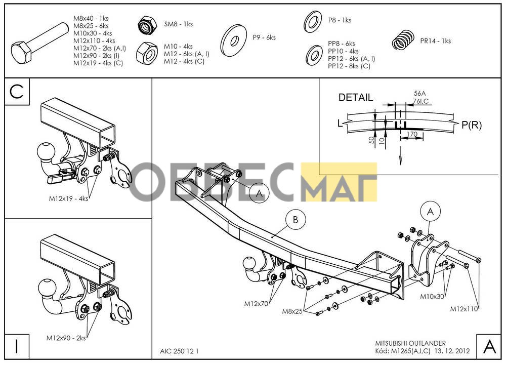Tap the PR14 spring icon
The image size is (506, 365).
[403, 40]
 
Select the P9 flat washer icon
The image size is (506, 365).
[233, 40]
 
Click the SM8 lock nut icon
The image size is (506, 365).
[147, 25]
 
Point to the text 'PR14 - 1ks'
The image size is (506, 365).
[435, 41]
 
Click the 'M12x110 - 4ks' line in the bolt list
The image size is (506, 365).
[94, 40]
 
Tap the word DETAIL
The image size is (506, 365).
[355, 98]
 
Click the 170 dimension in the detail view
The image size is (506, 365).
[412, 134]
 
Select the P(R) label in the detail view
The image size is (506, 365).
[472, 125]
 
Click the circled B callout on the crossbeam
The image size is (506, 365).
[296, 220]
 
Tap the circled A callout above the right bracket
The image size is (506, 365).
[430, 212]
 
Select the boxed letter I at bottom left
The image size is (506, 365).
[17, 346]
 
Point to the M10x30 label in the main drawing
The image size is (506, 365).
[432, 296]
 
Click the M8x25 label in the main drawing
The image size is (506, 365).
[292, 311]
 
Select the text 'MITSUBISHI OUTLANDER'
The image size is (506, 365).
[410, 343]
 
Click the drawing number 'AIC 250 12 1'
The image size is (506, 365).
[180, 351]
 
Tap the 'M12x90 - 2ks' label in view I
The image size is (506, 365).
[66, 338]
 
